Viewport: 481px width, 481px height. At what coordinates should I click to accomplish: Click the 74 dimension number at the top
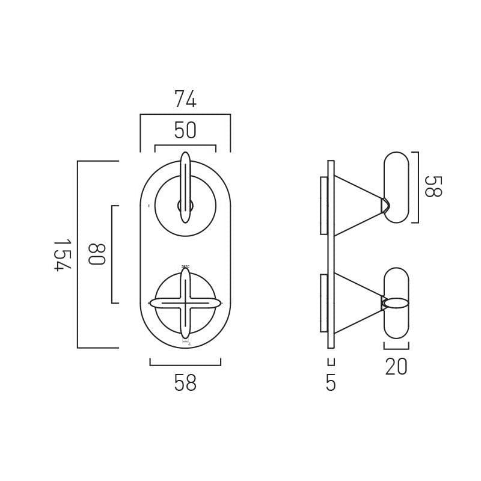pos(185,100)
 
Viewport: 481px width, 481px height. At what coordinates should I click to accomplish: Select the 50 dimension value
pos(185,130)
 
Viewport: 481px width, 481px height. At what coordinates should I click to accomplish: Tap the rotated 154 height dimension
pos(62,255)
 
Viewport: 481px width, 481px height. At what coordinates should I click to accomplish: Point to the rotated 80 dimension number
pos(96,254)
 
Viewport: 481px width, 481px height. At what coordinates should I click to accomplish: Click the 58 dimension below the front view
pos(185,383)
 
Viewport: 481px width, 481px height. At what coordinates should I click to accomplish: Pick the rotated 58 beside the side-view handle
pos(432,186)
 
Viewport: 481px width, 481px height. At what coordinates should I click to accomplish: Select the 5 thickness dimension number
pos(331,383)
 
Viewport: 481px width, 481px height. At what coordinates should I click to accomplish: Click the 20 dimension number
pos(396,367)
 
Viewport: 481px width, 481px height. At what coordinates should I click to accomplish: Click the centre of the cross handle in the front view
pos(185,303)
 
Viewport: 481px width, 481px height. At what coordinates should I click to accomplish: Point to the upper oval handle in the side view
pos(396,187)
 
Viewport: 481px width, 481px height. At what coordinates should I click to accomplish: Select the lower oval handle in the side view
pos(396,303)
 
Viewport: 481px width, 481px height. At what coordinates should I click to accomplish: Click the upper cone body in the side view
pos(355,205)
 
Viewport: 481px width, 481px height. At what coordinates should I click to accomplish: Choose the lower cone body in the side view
pos(355,303)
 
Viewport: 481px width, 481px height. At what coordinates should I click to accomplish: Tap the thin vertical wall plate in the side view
pos(331,254)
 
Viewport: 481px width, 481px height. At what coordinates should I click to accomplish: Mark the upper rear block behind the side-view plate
pos(323,205)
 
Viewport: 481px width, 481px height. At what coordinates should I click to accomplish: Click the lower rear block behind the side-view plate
pos(323,303)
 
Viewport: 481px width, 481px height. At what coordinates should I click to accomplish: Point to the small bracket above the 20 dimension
pos(396,346)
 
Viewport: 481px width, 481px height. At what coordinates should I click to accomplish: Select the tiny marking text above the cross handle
pos(185,266)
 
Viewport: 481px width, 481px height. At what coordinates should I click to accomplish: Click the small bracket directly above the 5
pos(331,361)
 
